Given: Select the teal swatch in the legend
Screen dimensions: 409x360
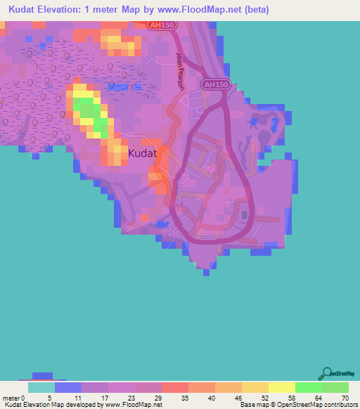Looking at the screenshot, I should click(x=41, y=387).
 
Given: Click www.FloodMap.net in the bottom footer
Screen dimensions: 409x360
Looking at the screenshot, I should click(x=132, y=405).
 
